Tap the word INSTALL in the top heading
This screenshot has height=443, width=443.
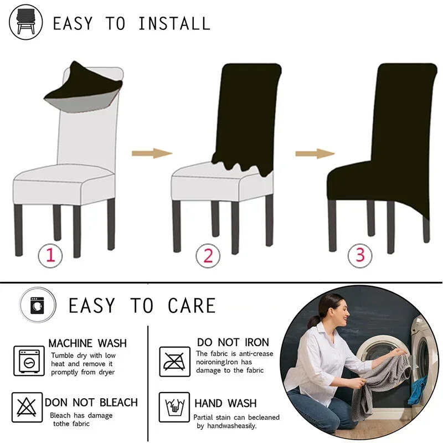point(174,23)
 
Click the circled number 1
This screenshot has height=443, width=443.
point(50,256)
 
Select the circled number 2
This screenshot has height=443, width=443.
point(208,256)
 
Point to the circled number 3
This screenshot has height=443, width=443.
point(360,256)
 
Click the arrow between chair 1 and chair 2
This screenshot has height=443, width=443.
point(152,153)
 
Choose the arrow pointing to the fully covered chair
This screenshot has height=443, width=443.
point(315,154)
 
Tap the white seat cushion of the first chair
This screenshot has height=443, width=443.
point(64,184)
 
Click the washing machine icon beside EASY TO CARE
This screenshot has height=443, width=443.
point(38,305)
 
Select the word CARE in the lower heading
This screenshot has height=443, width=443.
point(192,306)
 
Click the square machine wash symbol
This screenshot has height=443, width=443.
point(29,361)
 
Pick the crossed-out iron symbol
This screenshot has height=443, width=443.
point(174,362)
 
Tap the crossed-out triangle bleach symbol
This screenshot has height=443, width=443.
point(27,407)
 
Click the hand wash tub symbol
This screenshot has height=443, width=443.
point(174,407)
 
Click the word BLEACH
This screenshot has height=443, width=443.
point(119,403)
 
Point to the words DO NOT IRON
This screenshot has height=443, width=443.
point(233,342)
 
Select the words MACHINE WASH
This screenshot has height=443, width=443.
point(87,343)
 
